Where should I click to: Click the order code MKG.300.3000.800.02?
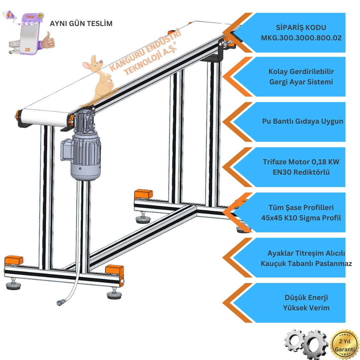(301, 38)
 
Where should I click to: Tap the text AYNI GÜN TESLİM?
(81, 24)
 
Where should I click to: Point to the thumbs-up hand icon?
(49, 40)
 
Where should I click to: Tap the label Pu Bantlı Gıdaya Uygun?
(302, 121)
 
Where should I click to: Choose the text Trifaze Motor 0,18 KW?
(301, 162)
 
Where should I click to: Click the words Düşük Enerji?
(302, 297)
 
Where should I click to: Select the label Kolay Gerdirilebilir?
(301, 72)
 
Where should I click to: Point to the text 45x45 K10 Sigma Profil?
(301, 218)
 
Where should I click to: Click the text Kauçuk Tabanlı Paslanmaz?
(306, 263)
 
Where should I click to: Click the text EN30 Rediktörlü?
(301, 173)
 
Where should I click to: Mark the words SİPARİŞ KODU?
(301, 28)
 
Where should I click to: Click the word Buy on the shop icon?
(27, 48)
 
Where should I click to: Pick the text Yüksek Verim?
(302, 308)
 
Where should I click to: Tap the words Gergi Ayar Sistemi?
(301, 82)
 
